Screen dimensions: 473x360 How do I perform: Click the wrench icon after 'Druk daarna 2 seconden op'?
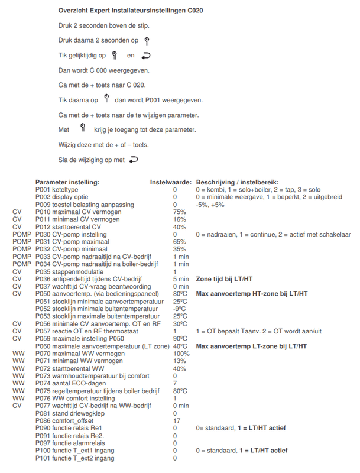pyautogui.click(x=147, y=41)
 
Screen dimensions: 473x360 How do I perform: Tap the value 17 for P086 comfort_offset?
pyautogui.click(x=176, y=420)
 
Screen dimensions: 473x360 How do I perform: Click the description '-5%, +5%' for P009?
pyautogui.click(x=210, y=205)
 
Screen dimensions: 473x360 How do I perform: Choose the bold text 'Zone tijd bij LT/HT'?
pyautogui.click(x=225, y=279)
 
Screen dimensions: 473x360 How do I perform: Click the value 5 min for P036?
pyautogui.click(x=180, y=279)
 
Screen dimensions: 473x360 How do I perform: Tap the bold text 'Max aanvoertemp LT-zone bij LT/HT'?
pyautogui.click(x=251, y=346)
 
